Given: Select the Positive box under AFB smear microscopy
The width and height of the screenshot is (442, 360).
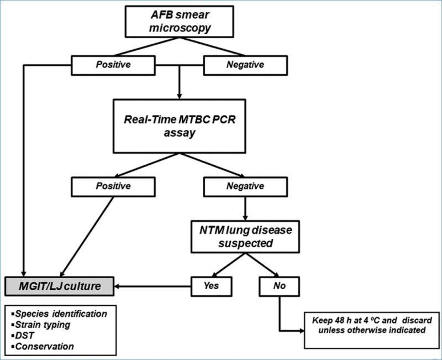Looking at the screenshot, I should [114, 65].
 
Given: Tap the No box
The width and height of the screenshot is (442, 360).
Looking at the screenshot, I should [278, 285].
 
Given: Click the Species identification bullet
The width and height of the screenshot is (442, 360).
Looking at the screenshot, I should [62, 314].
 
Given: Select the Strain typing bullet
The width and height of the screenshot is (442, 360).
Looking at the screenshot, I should [44, 324].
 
